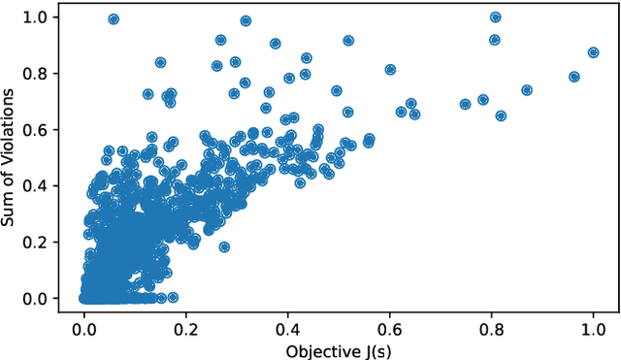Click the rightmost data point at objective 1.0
[x=593, y=52]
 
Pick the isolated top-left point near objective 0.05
[x=114, y=19]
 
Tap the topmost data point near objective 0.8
[x=495, y=17]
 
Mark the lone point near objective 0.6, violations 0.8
[x=390, y=70]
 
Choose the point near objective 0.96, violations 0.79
[x=573, y=77]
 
